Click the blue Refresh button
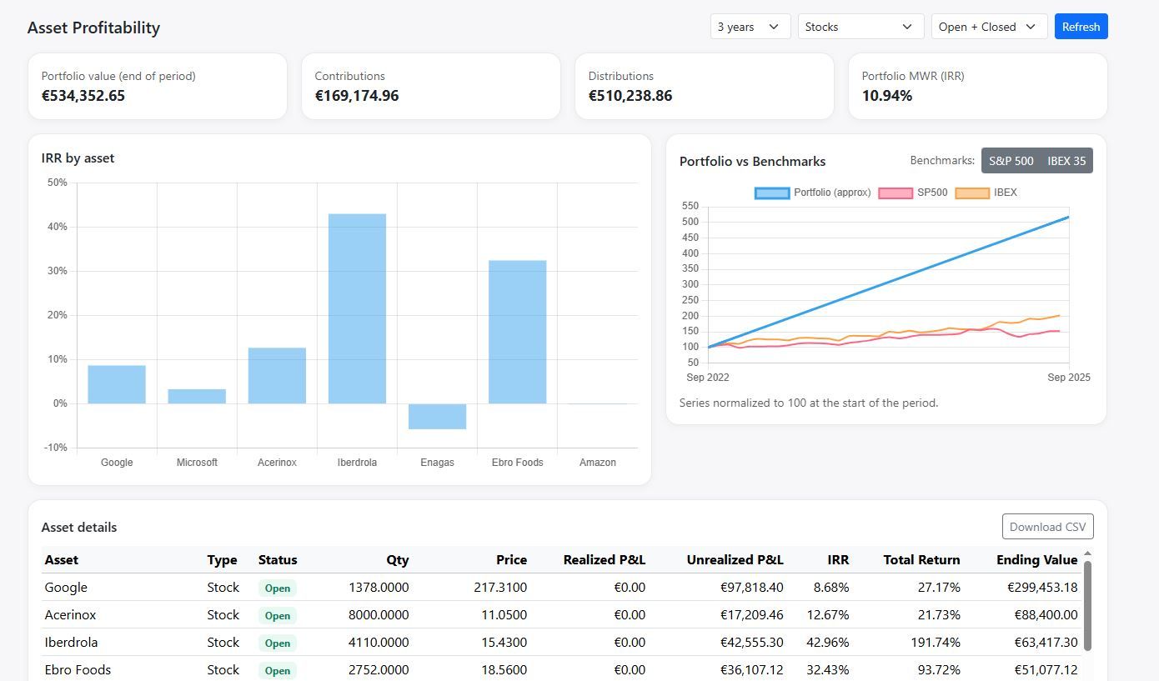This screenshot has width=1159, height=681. (x=1081, y=27)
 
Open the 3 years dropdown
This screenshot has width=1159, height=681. (x=750, y=27)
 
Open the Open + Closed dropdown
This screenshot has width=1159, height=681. (x=988, y=27)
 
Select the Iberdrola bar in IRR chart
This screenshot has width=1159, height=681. (x=357, y=308)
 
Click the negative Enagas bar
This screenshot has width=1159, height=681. (x=437, y=416)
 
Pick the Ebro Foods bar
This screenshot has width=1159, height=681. (x=517, y=332)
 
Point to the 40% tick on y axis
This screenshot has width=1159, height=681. (x=57, y=227)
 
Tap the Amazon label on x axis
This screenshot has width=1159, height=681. (x=597, y=463)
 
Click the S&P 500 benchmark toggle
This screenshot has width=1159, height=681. (x=1011, y=161)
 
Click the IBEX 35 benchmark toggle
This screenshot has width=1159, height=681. (x=1066, y=161)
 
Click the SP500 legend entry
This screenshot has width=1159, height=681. (x=914, y=193)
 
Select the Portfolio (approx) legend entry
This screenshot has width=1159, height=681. (x=813, y=193)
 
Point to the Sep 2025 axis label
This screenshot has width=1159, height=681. (x=1068, y=378)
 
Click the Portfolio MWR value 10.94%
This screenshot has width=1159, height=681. (x=886, y=96)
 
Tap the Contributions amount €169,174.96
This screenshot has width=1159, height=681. (x=356, y=96)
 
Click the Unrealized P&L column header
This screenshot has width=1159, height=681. (x=734, y=560)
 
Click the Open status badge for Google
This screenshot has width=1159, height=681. (x=277, y=588)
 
